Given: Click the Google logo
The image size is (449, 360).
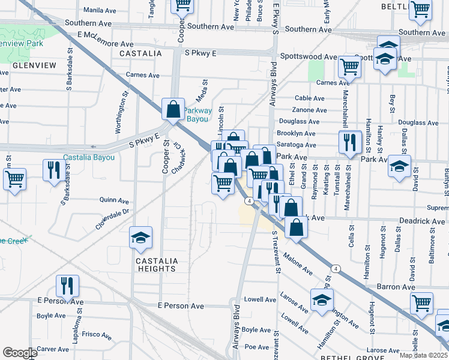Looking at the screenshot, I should tap(20, 353).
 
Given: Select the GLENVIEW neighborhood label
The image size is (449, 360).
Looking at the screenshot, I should tap(34, 65).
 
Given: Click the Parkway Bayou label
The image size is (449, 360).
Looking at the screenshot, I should tap(198, 115).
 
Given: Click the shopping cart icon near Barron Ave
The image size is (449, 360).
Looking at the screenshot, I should tap(421, 302).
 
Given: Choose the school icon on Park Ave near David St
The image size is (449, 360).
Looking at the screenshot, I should tap(399, 166).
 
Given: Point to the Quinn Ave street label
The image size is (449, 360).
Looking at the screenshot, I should tap(114, 200).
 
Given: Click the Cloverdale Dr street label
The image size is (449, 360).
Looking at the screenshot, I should tap(112, 219).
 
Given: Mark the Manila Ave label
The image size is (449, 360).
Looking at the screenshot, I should tap(99, 10).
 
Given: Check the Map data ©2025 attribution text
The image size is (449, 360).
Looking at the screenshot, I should tap(424, 354).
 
